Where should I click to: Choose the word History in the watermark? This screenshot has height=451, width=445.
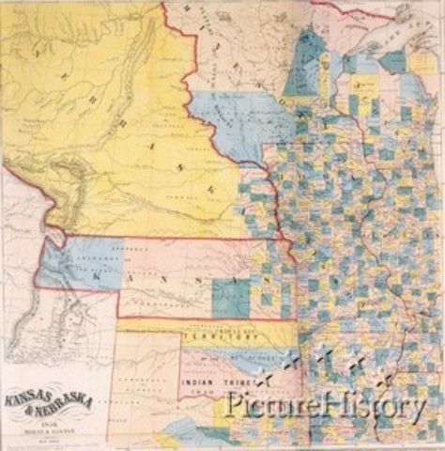coord(371,406)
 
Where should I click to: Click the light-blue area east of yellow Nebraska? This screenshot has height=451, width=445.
coord(230,117)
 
